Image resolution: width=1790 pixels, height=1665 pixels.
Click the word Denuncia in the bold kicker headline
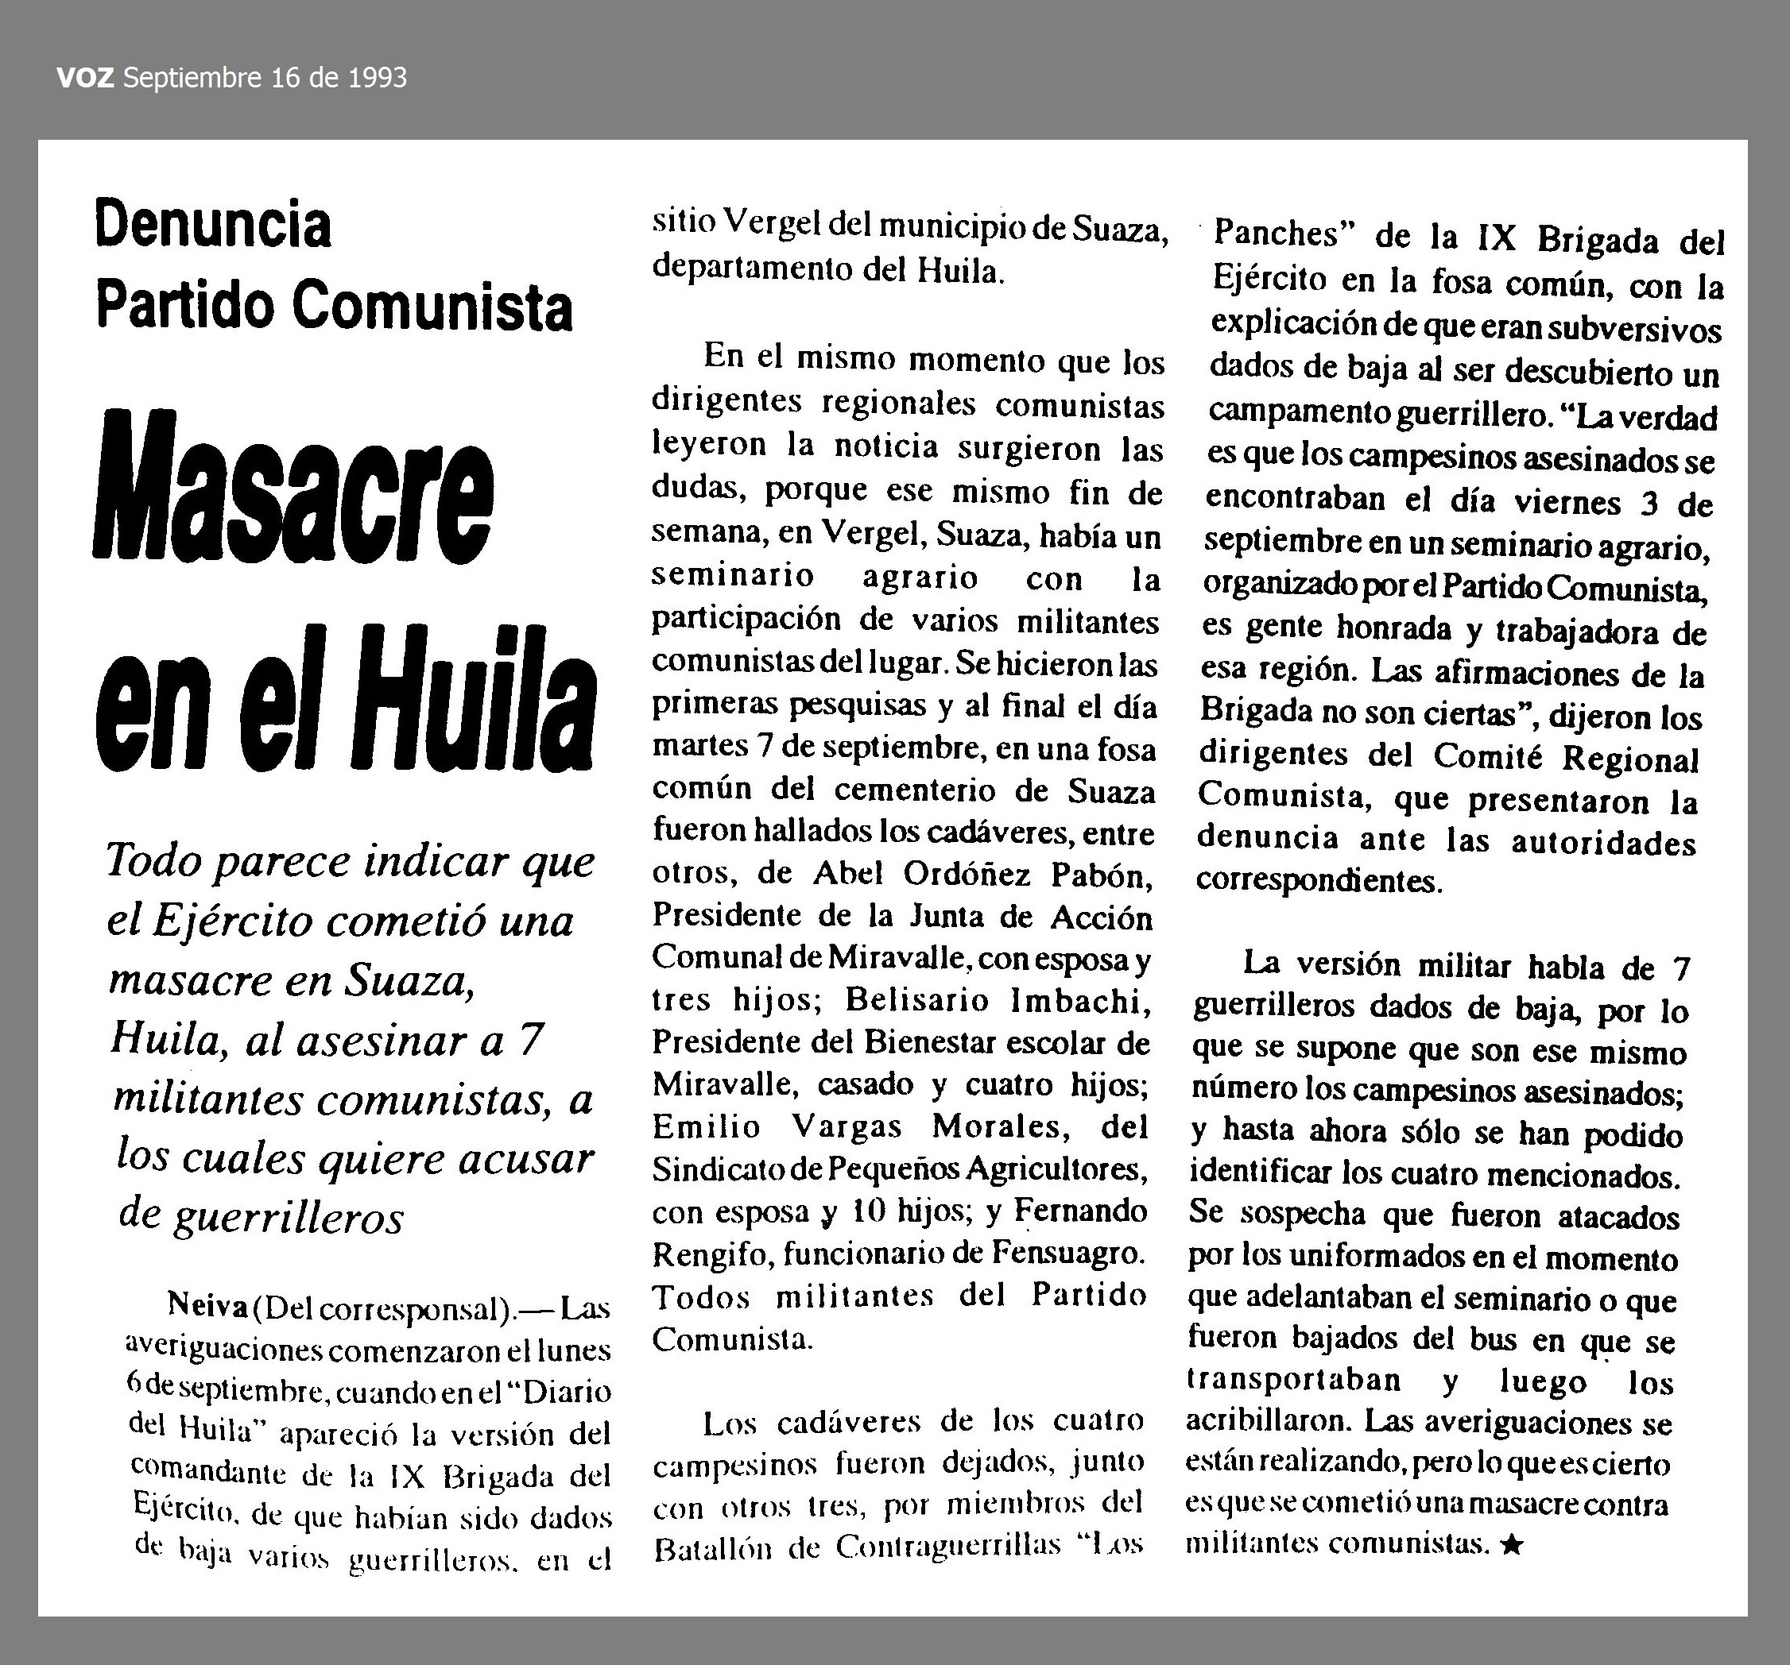[212, 225]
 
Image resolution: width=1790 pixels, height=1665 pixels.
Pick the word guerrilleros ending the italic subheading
[288, 1217]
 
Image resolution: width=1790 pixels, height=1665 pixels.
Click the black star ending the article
[1512, 1544]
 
